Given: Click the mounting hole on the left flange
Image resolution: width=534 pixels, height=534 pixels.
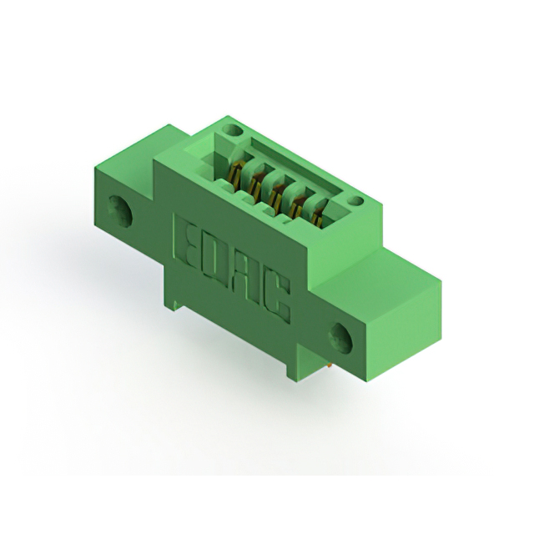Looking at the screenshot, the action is (x=120, y=211).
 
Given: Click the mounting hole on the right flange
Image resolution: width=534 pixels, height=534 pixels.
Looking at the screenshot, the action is (x=341, y=338).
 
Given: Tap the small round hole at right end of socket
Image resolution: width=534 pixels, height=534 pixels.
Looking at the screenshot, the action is (x=356, y=201).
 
